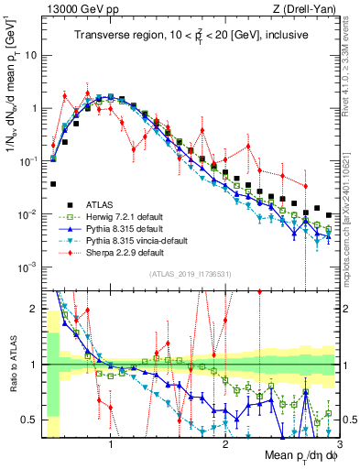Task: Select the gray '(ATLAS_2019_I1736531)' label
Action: pyautogui.click(x=190, y=275)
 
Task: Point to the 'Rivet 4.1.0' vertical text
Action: pyautogui.click(x=352, y=55)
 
